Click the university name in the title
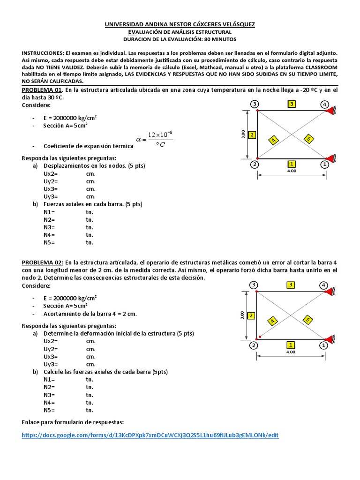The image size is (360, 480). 180,24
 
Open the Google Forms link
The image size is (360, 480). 150,435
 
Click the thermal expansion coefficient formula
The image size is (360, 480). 154,139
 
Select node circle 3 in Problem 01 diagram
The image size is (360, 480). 254,104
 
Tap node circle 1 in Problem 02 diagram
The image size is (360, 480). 323,345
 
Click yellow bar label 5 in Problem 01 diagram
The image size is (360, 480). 308,138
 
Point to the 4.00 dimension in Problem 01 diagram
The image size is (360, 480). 292,171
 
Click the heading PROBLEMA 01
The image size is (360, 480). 42,90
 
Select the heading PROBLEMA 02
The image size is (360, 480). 42,263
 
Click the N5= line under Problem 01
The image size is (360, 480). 49,242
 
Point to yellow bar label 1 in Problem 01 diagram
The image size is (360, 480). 292,164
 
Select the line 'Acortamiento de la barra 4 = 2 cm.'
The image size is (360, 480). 90,314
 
